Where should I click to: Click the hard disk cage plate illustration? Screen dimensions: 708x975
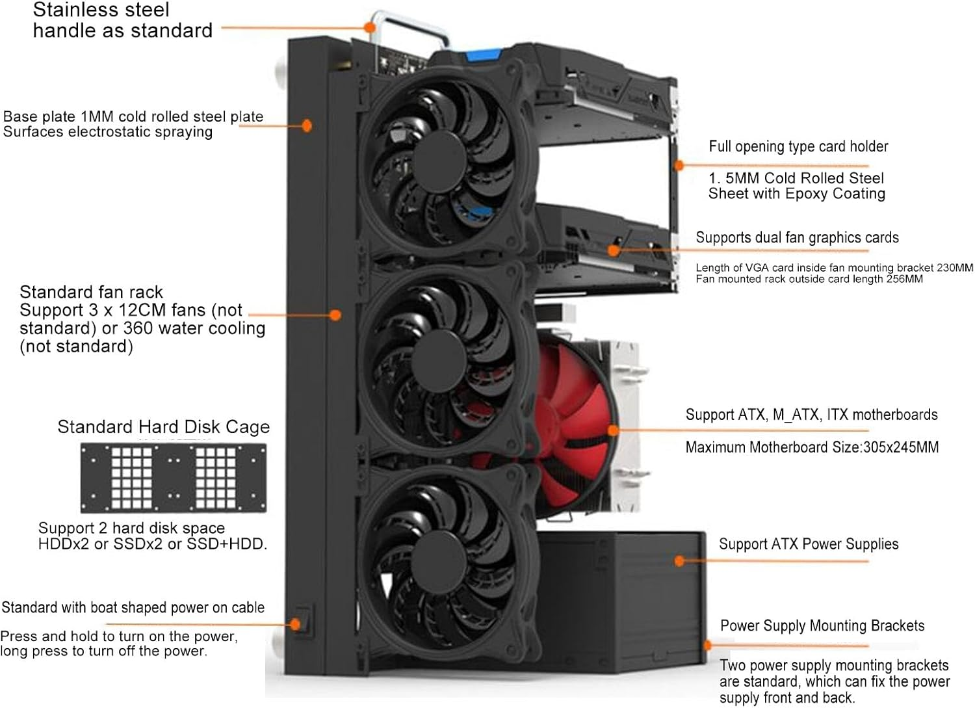[x=173, y=478]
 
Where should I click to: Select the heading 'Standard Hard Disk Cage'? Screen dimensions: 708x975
[x=163, y=427]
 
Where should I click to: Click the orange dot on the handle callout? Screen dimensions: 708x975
[x=370, y=28]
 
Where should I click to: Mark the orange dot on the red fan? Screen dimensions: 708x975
[x=613, y=430]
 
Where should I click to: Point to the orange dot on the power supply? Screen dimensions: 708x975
[x=680, y=560]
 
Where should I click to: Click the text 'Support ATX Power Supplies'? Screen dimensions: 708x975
[x=809, y=544]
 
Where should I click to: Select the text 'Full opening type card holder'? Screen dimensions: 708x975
[x=798, y=146]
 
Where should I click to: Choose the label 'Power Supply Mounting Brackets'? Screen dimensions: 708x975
[x=822, y=625]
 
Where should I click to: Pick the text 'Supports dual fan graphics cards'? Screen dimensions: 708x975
[x=797, y=237]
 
